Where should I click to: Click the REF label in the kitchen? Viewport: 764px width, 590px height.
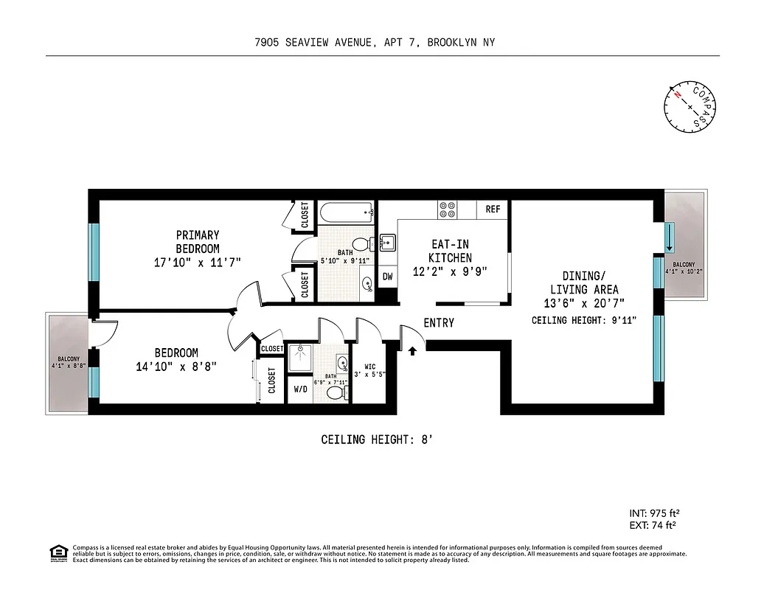pos(493,209)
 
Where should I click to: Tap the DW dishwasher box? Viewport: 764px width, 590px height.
pos(388,277)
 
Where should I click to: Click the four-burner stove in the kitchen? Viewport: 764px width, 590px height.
pos(448,209)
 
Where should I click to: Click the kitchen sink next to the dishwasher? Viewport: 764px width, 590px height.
pos(388,243)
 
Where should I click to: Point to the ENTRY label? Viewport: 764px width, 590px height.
pos(439,323)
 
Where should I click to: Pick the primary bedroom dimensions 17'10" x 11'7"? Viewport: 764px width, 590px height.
pos(197,262)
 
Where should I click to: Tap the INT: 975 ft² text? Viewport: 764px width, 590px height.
pos(649,513)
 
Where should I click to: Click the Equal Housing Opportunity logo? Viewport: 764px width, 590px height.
pos(58,552)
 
